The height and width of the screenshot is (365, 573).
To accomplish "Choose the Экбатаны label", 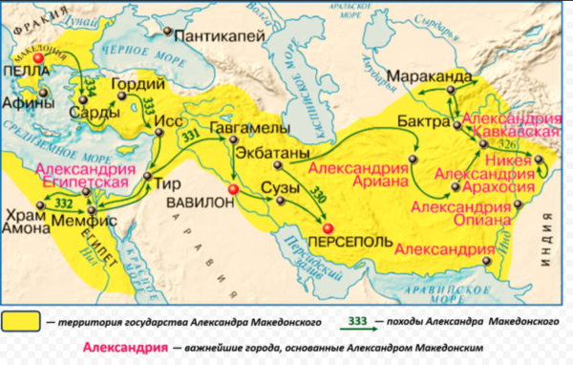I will [x=278, y=153].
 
